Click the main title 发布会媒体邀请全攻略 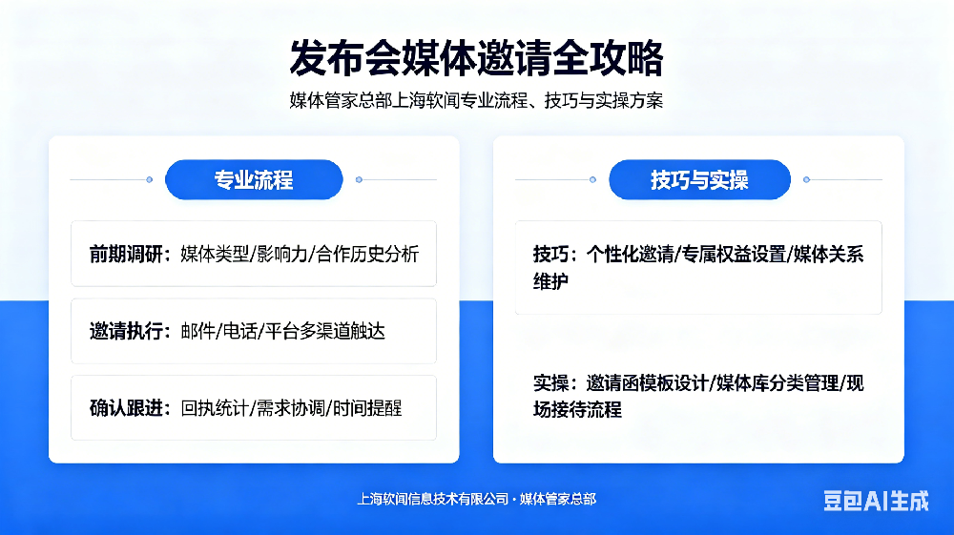pyautogui.click(x=476, y=58)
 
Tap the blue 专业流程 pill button pyautogui.click(x=254, y=179)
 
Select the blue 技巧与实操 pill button pyautogui.click(x=699, y=179)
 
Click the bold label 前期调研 pyautogui.click(x=124, y=254)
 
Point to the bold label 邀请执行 pyautogui.click(x=124, y=331)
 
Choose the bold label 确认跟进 pyautogui.click(x=124, y=408)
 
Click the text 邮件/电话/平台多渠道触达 pyautogui.click(x=282, y=331)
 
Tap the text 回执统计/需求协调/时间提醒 pyautogui.click(x=291, y=408)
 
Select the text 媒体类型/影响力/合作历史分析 pyautogui.click(x=300, y=254)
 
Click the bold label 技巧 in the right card pyautogui.click(x=551, y=255)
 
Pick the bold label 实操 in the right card pyautogui.click(x=551, y=383)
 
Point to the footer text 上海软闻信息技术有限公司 pyautogui.click(x=432, y=499)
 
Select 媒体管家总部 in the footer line pyautogui.click(x=558, y=499)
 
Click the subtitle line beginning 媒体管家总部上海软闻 pyautogui.click(x=476, y=100)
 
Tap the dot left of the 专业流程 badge pyautogui.click(x=149, y=179)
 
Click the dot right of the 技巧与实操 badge pyautogui.click(x=806, y=179)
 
